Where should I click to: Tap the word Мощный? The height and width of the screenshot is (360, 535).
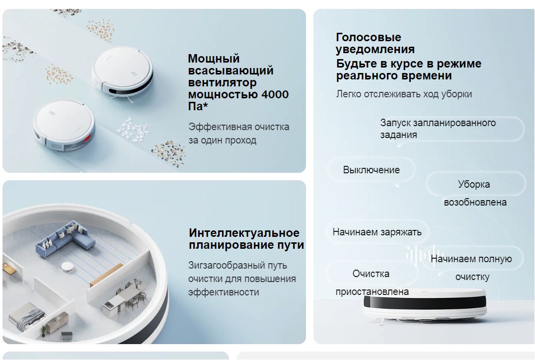click(x=214, y=59)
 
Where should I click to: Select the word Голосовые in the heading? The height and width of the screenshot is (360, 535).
click(x=369, y=37)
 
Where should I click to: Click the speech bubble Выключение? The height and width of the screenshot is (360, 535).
click(x=371, y=170)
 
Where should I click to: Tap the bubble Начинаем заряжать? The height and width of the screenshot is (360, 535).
click(x=377, y=232)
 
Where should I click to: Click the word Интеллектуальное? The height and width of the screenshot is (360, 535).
click(x=244, y=233)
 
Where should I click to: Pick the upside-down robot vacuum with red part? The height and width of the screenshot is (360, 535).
click(x=64, y=125)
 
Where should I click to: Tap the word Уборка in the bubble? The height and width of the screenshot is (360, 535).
click(x=474, y=184)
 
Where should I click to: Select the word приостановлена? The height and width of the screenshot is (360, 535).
click(x=372, y=292)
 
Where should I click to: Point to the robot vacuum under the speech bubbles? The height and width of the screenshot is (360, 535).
click(x=424, y=304)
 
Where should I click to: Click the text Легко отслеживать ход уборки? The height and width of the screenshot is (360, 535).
click(x=404, y=94)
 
